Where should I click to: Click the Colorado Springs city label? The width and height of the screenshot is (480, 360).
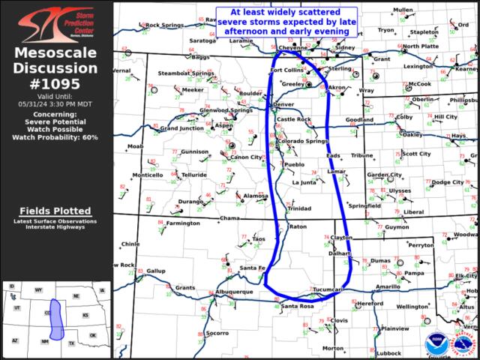pos(303,141)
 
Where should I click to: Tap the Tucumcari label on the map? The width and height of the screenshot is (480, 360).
pos(328,289)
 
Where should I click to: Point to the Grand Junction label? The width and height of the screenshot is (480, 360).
pos(181,128)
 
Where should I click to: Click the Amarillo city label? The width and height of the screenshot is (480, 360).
pos(388,286)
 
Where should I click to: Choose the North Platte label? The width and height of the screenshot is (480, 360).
pos(421,46)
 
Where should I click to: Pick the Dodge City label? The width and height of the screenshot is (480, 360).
pos(448,182)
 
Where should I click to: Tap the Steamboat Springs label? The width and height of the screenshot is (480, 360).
pos(186,73)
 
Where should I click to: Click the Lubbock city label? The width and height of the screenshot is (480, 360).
pos(389,352)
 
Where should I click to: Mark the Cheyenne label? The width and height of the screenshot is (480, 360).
pos(293,47)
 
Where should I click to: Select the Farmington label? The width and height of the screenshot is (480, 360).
pos(183,223)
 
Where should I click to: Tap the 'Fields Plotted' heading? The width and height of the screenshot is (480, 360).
pos(56,211)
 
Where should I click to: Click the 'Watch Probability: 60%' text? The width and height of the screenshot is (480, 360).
pos(56,137)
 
